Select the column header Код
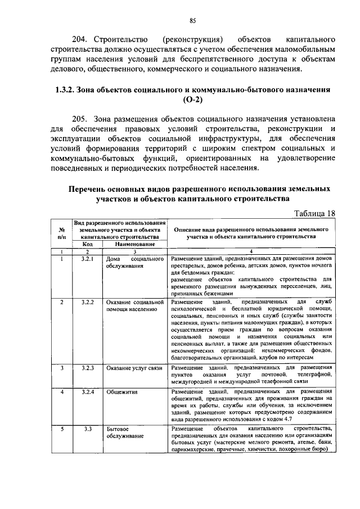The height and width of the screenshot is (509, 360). (x=87, y=245)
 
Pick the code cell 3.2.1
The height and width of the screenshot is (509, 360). (x=87, y=259)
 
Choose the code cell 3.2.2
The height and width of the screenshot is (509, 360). (x=87, y=302)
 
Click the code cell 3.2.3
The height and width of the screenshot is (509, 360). (x=87, y=367)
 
